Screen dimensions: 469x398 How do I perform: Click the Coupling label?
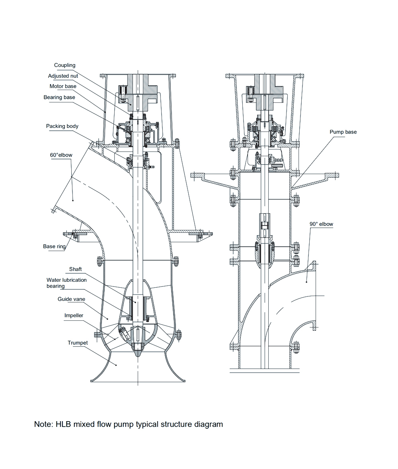click(x=64, y=65)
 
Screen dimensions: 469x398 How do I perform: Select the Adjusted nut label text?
click(x=63, y=76)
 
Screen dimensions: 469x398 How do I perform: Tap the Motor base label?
click(x=63, y=86)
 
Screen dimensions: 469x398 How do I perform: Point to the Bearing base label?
click(x=59, y=97)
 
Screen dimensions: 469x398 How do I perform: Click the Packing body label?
click(x=62, y=126)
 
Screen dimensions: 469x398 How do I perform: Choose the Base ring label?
click(x=55, y=247)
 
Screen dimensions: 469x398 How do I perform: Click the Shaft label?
click(x=75, y=269)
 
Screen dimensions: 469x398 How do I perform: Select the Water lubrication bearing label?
click(x=66, y=283)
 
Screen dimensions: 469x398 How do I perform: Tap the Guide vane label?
click(x=71, y=299)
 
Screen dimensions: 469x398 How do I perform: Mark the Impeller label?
click(x=74, y=316)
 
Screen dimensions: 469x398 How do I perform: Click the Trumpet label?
click(x=78, y=343)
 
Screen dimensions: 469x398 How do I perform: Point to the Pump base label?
click(x=343, y=132)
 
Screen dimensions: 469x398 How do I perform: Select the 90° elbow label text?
click(x=321, y=224)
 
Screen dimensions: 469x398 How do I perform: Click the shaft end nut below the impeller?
click(x=137, y=348)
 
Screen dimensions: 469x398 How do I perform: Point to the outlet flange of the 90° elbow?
click(x=314, y=296)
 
